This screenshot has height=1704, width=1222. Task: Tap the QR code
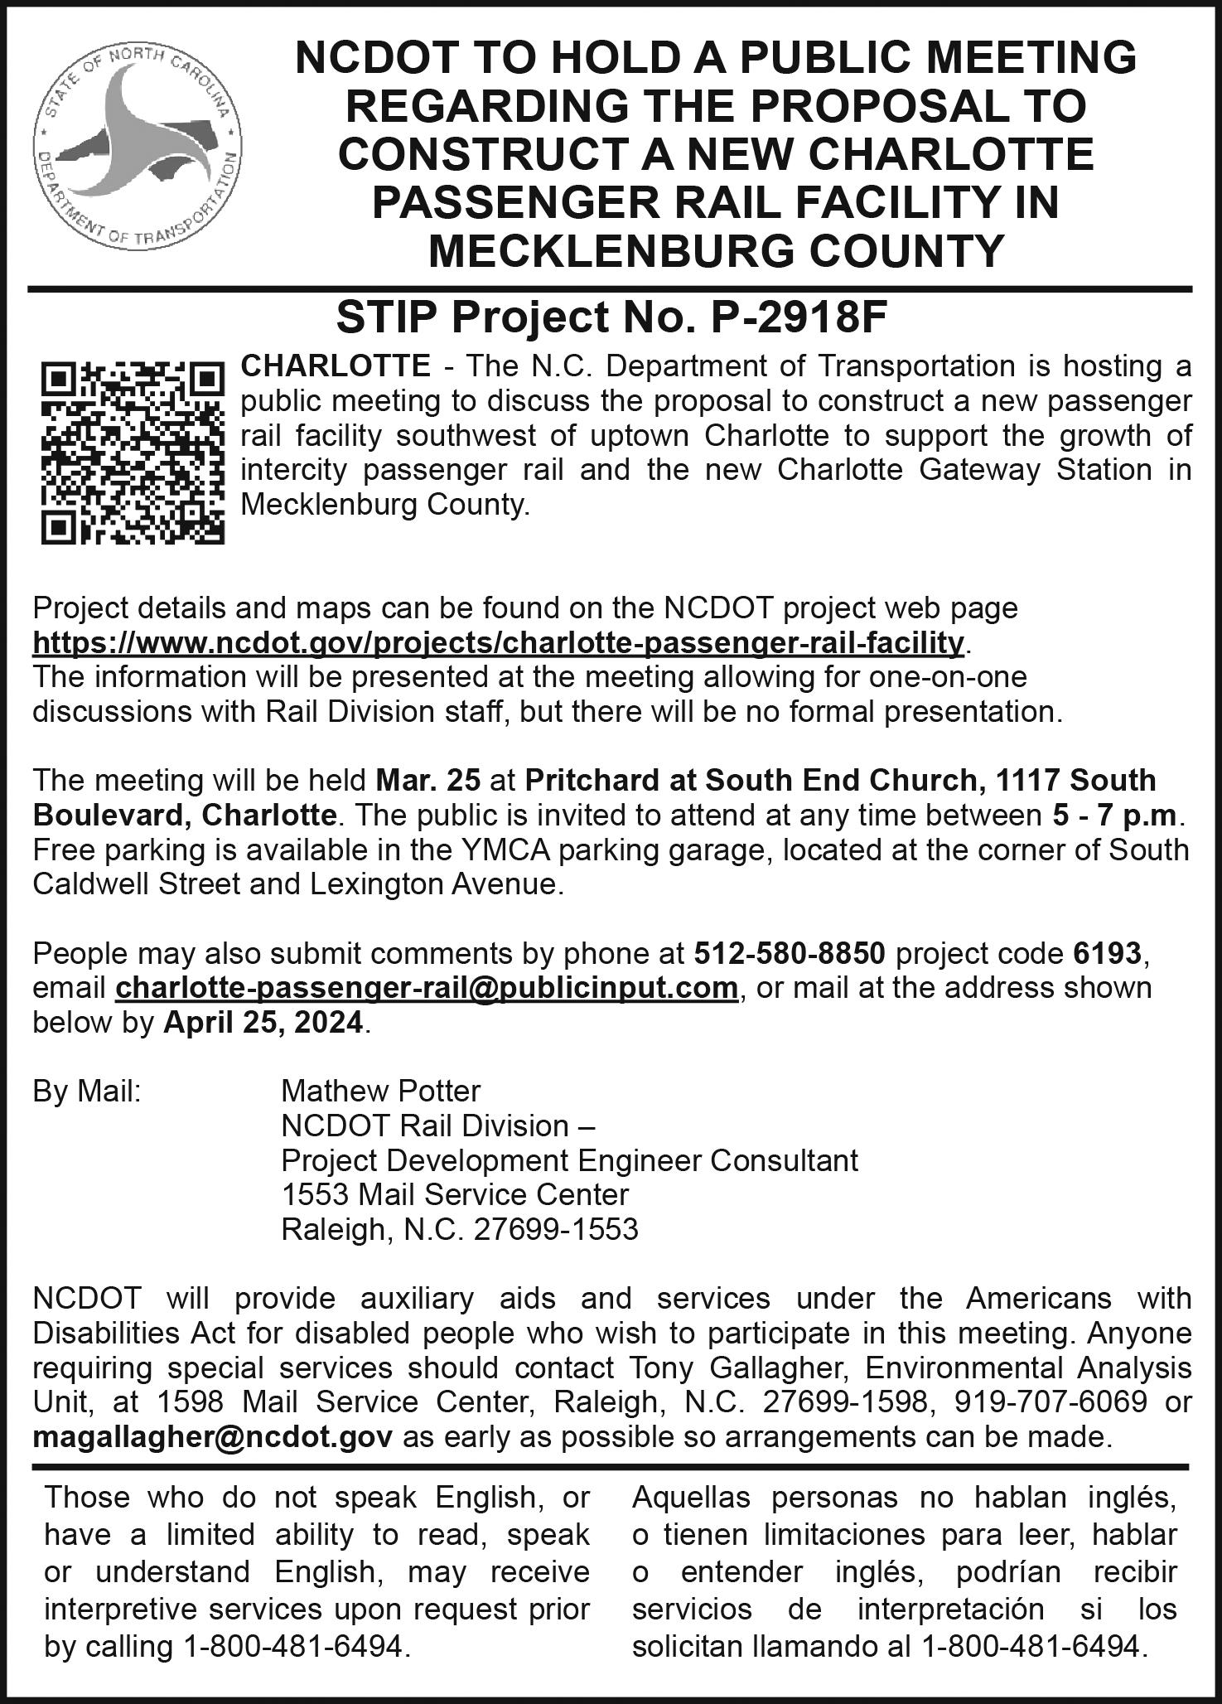click(x=133, y=453)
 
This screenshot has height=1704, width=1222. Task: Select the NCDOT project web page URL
click(x=499, y=642)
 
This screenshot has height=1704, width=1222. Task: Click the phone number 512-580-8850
click(x=790, y=953)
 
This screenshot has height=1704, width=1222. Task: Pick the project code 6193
click(x=1106, y=953)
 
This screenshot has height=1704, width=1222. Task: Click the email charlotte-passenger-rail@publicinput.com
click(x=427, y=988)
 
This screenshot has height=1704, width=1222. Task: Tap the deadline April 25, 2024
click(x=263, y=1023)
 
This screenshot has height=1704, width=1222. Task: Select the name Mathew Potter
click(x=380, y=1091)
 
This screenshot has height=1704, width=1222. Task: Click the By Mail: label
click(x=87, y=1091)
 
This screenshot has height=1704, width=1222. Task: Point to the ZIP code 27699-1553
click(x=556, y=1228)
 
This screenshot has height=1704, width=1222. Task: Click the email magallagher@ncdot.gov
click(x=213, y=1436)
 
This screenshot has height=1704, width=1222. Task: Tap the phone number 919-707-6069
click(x=1051, y=1401)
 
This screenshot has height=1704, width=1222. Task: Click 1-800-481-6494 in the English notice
click(x=293, y=1645)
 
